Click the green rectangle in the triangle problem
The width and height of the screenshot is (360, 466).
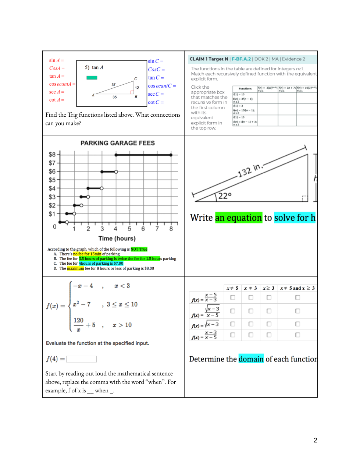pos(92,78)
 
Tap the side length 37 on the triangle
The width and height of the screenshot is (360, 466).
pos(114,85)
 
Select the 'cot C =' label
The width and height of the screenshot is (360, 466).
pos(156,102)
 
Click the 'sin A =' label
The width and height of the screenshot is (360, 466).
pos(56,60)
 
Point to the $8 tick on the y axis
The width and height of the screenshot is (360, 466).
pos(52,155)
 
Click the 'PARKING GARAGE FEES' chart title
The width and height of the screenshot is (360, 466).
pos(118,143)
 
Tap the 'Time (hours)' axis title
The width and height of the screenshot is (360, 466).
pos(117,239)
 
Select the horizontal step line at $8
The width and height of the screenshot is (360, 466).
pos(143,155)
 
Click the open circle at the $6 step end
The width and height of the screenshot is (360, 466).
pos(116,172)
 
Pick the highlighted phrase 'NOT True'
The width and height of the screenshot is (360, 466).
pos(139,249)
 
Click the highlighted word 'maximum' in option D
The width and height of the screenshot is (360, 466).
pos(75,268)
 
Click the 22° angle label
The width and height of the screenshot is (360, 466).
pos(225,196)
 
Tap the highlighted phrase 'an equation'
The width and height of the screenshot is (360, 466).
pos(238,218)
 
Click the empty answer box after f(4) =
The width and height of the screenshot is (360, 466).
pos(81,359)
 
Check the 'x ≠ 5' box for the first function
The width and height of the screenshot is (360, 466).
pos(233,297)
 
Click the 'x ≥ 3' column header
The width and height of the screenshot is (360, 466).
pos(268,288)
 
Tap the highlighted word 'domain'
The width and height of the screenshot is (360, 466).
pos(251,359)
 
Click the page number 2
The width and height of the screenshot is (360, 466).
pos(315,440)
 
